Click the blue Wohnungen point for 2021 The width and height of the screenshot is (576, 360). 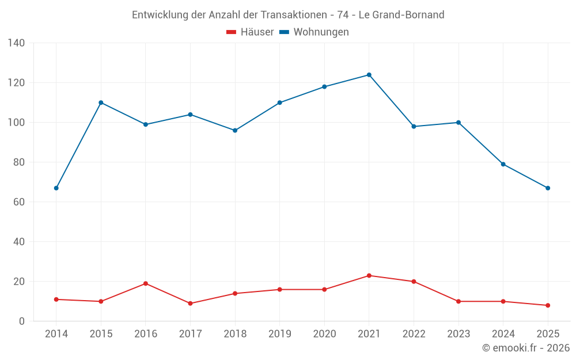click(369, 75)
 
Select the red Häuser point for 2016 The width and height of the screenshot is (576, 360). click(146, 283)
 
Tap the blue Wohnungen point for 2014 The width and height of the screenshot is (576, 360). click(56, 188)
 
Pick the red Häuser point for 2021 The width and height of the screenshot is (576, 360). click(369, 275)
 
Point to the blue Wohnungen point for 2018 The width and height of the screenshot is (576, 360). click(235, 130)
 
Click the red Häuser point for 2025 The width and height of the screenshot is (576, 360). click(548, 305)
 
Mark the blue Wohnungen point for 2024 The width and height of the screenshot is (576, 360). click(503, 164)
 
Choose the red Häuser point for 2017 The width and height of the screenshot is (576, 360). click(190, 304)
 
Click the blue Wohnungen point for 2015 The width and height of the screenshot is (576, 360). click(101, 103)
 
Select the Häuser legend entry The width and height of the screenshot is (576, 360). click(250, 32)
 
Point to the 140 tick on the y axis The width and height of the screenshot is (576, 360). click(16, 43)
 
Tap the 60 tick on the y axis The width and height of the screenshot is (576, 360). click(19, 202)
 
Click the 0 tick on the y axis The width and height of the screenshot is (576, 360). click(22, 321)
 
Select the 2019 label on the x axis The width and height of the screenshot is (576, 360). click(280, 334)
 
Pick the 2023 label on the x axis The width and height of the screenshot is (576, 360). click(458, 334)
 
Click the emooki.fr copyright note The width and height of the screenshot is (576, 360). click(526, 348)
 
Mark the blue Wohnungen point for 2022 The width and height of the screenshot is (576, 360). click(414, 126)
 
